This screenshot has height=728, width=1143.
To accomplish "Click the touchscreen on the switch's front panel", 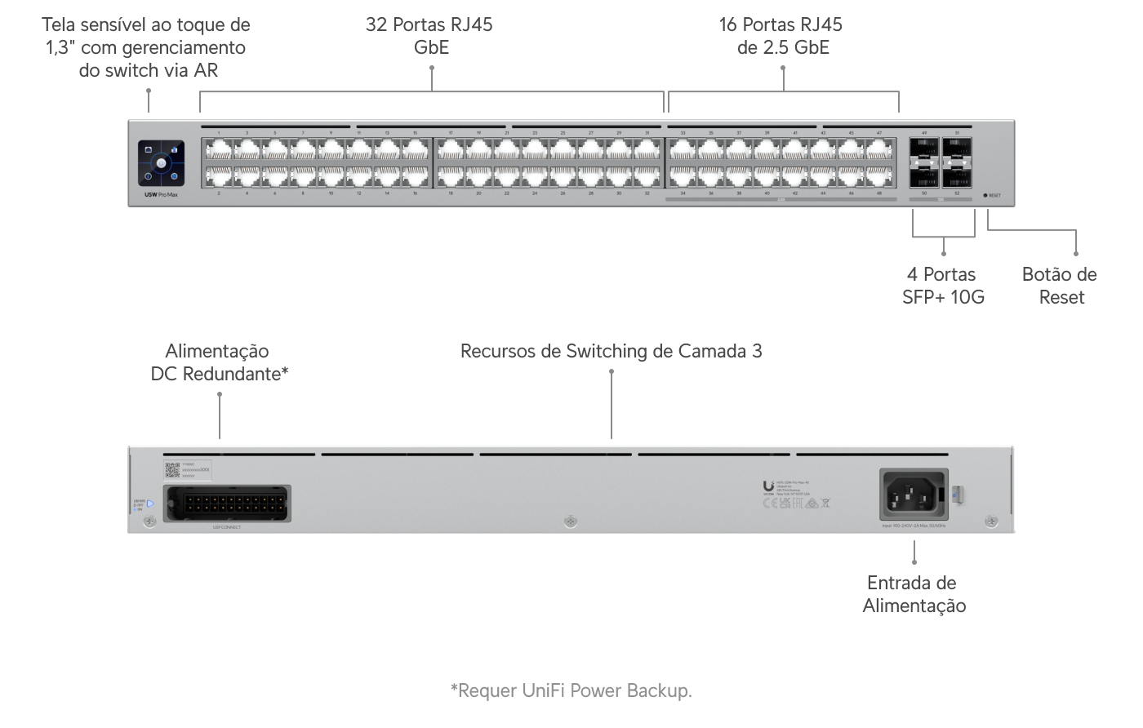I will pos(162,163).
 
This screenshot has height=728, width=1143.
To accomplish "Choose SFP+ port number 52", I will pos(957,176).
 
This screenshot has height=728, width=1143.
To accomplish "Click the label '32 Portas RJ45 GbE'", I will pos(430,36).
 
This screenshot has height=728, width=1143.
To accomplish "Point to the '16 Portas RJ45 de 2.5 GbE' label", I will pos(781,36).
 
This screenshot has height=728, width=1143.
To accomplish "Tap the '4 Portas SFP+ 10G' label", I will pos(943,286).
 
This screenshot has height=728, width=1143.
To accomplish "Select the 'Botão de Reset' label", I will pos(1059,286).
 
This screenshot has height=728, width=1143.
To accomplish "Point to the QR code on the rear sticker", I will pos(172,468).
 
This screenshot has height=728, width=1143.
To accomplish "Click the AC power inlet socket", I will pos(913,494).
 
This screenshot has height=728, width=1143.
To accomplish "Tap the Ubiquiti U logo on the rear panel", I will pos(768,485).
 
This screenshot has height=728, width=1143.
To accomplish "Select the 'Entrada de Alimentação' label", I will pos(914,594).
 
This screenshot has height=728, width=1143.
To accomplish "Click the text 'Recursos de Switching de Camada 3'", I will pos(611,351).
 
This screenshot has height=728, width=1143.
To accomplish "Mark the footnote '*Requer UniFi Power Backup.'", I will pos(571,690).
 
